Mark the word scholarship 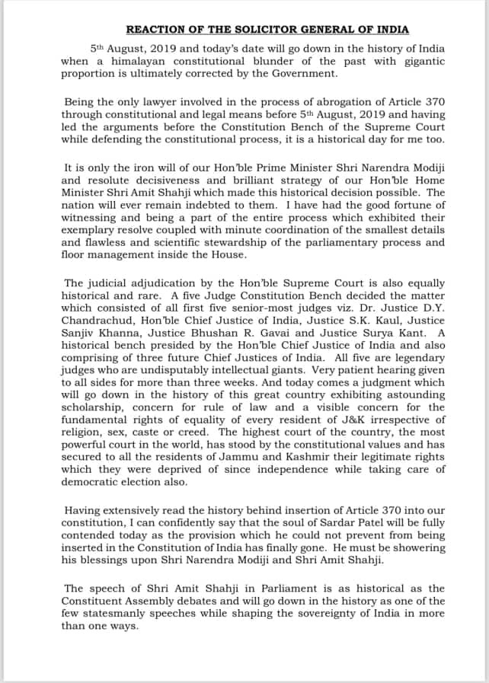click(x=91, y=407)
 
